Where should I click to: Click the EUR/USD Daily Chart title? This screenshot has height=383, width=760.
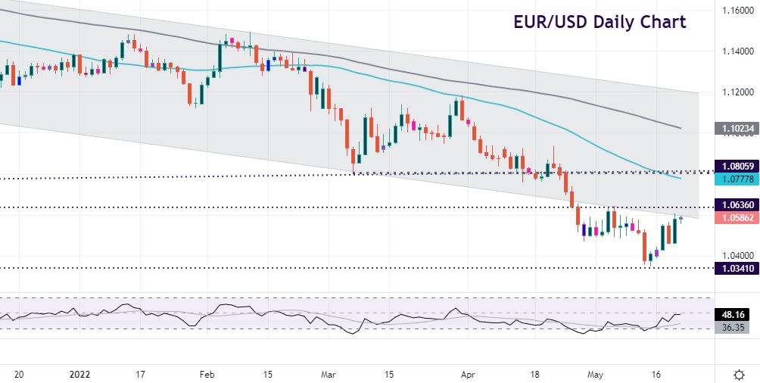600,22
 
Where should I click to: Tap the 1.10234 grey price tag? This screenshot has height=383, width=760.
736,129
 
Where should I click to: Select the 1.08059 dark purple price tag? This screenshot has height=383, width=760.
736,166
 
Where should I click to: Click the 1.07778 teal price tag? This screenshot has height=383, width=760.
736,179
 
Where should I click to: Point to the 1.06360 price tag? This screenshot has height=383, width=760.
736,204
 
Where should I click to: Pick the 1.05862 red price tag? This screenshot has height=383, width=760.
736,217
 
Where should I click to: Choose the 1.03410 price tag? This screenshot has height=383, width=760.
736,268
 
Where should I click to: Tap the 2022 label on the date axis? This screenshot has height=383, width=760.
79,374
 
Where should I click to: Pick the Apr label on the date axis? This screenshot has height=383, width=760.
469,374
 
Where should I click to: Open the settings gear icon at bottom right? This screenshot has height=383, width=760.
739,374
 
